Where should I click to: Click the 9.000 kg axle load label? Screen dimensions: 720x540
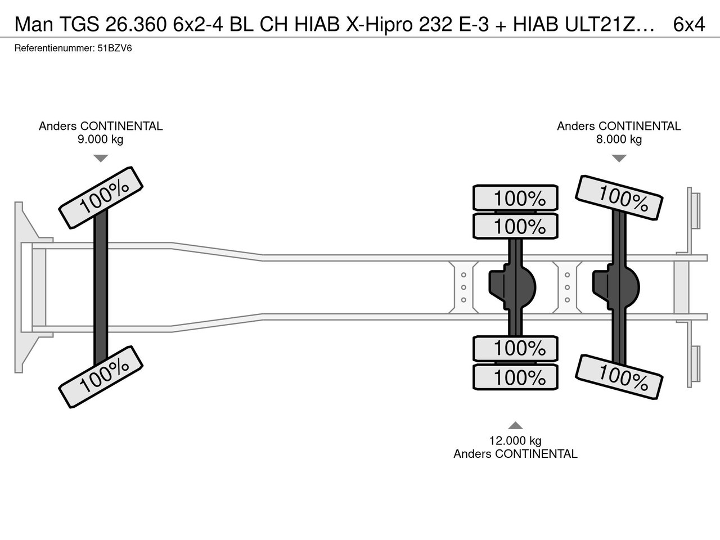pos(100,139)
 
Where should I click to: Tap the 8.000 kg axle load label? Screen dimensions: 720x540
pos(619,139)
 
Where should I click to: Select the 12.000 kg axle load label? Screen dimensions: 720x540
pos(515,440)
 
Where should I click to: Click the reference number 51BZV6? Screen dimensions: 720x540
pos(115,48)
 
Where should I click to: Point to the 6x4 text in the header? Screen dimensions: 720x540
pos(689,24)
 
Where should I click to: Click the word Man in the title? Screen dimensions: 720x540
pos(34,24)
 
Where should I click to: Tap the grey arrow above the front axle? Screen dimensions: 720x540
pos(101,159)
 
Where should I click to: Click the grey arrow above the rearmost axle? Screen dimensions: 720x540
pos(619,159)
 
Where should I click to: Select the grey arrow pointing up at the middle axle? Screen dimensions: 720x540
pos(515,425)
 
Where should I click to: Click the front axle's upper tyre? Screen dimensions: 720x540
pos(101,197)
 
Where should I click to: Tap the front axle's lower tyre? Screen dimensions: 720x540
pos(101,377)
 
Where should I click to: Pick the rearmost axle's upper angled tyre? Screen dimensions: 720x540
pos(619,197)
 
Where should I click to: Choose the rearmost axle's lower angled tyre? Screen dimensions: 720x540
pos(619,377)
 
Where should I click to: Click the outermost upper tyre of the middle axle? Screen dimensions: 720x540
pos(515,197)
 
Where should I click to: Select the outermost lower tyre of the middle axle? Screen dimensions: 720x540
pos(515,377)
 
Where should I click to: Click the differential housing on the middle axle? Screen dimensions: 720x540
pos(512,287)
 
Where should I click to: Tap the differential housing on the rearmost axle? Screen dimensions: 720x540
pos(616,287)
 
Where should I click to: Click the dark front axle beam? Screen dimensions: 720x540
pos(101,287)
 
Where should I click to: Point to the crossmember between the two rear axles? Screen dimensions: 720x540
pos(567,287)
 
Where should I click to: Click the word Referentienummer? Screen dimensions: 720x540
pos(55,48)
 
